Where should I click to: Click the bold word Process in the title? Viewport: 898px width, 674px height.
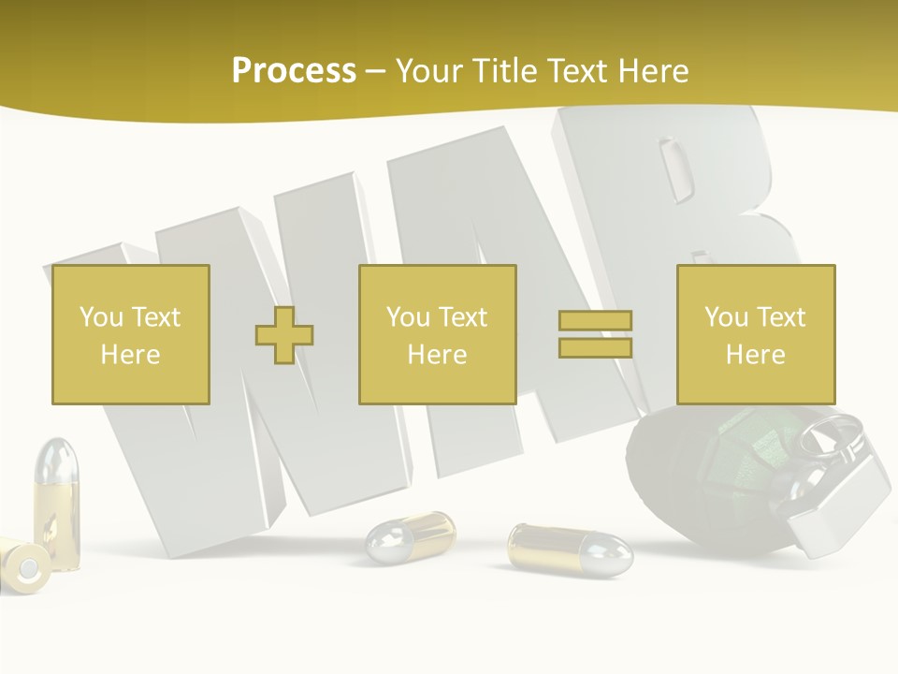pos(294,70)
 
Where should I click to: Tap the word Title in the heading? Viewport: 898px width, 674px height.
pos(506,70)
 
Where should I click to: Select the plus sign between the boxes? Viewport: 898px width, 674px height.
pos(284,335)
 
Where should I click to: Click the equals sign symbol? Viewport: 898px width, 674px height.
pos(595,334)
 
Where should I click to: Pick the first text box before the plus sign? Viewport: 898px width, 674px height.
pos(131,334)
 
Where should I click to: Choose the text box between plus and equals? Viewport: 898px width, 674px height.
pos(437,334)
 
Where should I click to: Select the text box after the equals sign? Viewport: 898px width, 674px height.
pos(756,334)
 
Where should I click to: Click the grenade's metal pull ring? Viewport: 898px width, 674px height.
pos(833,433)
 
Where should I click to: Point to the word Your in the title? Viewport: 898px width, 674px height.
pos(431,70)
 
